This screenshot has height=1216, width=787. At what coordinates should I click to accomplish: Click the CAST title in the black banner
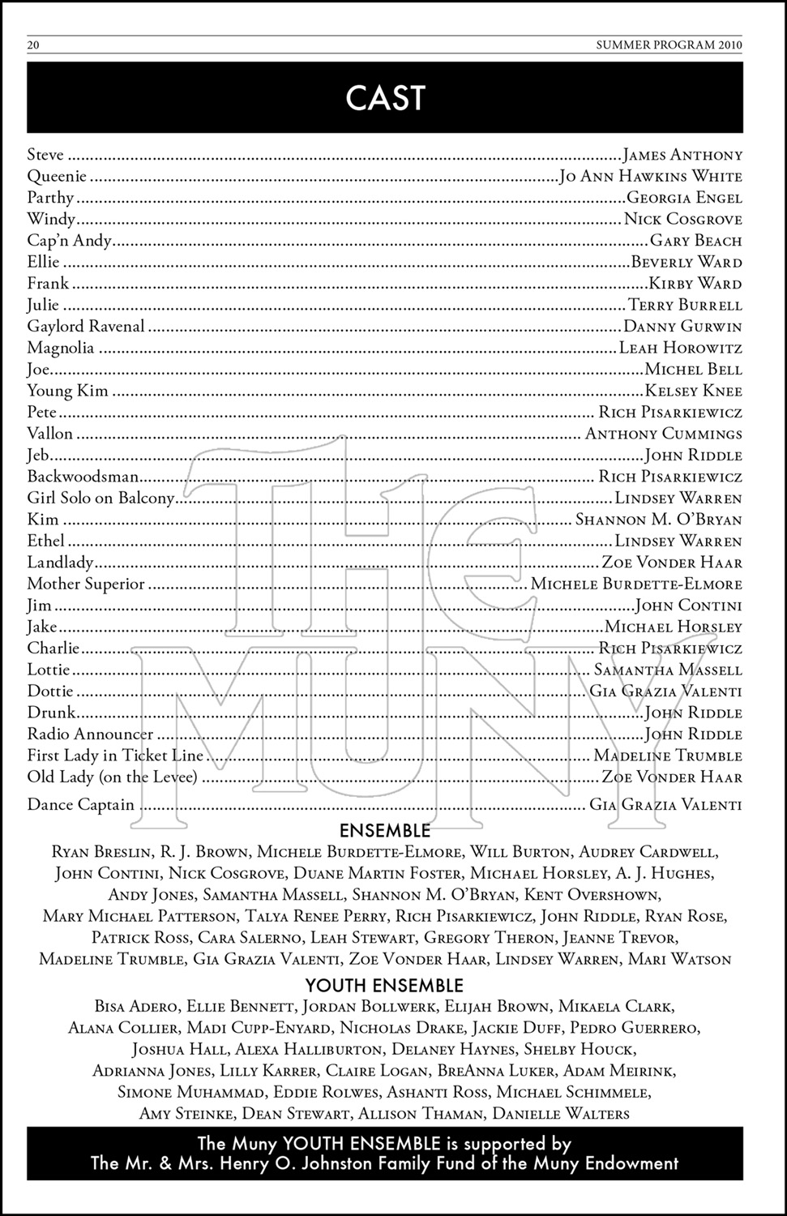(x=385, y=98)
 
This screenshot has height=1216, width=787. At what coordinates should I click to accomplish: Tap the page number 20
(x=33, y=45)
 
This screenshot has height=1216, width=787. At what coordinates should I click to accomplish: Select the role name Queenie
(x=57, y=177)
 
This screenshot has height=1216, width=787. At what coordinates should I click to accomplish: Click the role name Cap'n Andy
(x=69, y=241)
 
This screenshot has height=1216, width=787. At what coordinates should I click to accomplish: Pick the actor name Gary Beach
(x=696, y=241)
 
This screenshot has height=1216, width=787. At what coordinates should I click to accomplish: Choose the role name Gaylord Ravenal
(x=86, y=327)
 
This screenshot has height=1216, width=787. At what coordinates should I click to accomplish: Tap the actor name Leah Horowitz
(x=681, y=349)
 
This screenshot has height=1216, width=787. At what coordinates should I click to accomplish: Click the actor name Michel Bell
(x=693, y=370)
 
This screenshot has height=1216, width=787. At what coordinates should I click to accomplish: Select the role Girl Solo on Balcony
(x=101, y=499)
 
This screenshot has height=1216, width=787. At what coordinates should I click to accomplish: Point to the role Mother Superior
(x=86, y=584)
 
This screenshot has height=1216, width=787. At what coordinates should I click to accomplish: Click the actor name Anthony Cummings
(x=664, y=435)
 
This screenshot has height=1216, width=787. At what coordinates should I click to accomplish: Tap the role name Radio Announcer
(x=90, y=734)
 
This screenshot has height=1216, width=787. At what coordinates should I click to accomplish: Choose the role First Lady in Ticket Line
(x=115, y=756)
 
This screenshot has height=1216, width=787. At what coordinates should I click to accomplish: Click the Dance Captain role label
(x=80, y=806)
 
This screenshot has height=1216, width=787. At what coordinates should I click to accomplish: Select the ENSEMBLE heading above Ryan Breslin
(x=385, y=831)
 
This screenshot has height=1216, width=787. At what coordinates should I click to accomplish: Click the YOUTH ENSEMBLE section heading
(x=384, y=986)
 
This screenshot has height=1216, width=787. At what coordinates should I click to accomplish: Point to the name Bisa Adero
(x=135, y=1008)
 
